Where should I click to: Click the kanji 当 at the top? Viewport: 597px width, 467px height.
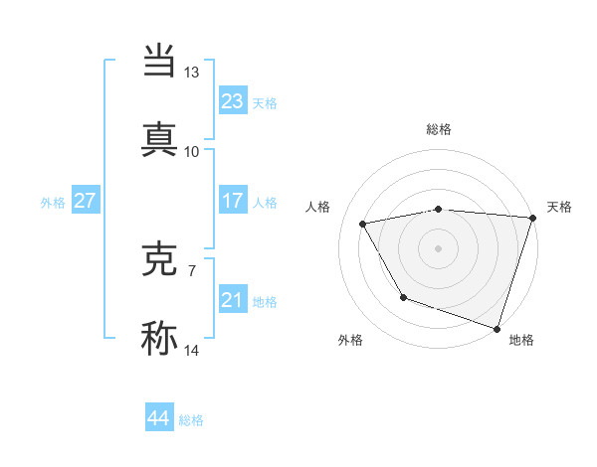(160, 62)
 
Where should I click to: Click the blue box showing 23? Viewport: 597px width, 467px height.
(232, 101)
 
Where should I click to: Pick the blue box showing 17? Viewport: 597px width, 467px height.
(232, 201)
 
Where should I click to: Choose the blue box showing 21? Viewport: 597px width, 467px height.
(232, 300)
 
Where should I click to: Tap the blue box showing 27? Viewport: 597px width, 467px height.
(85, 201)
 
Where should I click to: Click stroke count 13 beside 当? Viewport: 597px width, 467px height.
(191, 73)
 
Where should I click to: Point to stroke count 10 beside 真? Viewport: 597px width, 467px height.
(191, 151)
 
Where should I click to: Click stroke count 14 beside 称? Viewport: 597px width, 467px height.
(191, 350)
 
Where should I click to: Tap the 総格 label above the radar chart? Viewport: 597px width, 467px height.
(439, 129)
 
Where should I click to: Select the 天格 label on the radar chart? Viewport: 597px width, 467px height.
(559, 207)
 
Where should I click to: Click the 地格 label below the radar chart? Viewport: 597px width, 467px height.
(521, 340)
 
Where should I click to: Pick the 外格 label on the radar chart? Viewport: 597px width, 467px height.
(350, 340)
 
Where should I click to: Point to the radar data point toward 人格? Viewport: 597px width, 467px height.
(363, 225)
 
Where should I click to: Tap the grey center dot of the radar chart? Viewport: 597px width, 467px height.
(438, 247)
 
